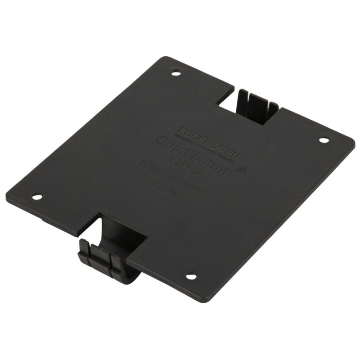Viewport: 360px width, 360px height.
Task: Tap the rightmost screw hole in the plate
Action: click(324, 140)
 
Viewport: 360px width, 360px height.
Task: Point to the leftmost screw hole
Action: click(37, 196)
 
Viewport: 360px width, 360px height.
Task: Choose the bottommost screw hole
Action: click(190, 276)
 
